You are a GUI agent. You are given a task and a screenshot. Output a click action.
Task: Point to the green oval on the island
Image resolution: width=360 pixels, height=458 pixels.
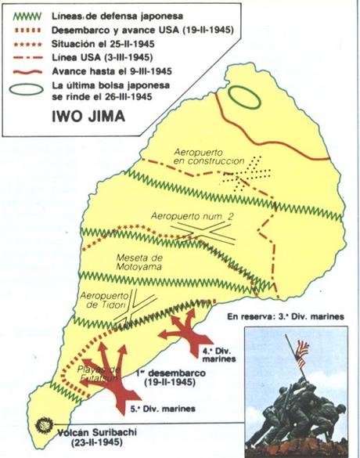click(243, 99)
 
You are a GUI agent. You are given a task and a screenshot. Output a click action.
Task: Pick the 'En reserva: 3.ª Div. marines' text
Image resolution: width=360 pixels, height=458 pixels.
click(281, 317)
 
